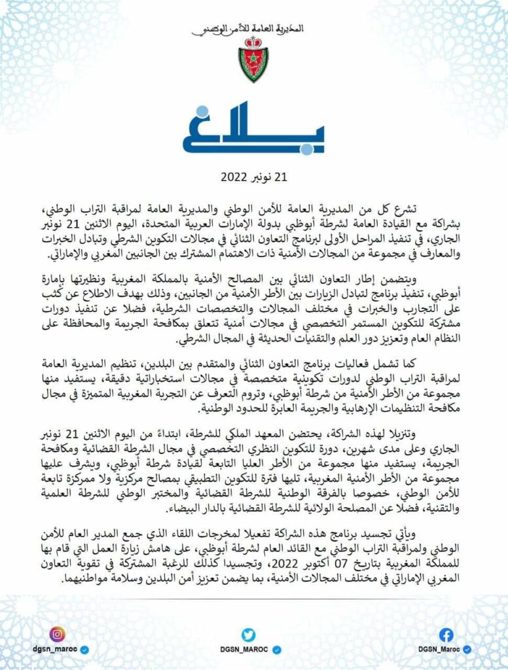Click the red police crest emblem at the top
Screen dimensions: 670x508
click(x=253, y=60)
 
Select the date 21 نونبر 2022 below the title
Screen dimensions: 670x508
click(x=253, y=177)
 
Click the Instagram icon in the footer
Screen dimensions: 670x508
click(x=58, y=634)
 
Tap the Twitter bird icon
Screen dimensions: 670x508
click(x=247, y=634)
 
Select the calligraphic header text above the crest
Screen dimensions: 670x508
click(x=253, y=30)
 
